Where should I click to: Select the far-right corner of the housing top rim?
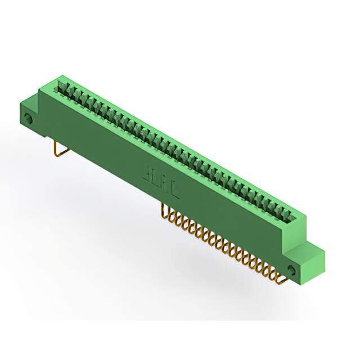click(x=307, y=214)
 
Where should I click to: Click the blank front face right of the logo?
click(x=225, y=219)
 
